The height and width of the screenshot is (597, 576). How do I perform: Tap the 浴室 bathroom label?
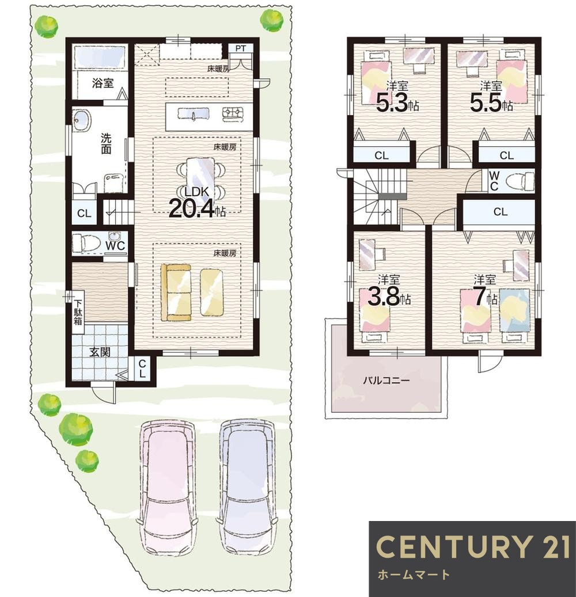tap(103, 83)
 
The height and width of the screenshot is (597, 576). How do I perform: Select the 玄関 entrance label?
tap(100, 352)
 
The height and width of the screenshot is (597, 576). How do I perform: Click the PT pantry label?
tap(240, 48)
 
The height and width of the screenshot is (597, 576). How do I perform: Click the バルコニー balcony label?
tap(386, 381)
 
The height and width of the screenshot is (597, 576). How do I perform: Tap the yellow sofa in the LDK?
tap(176, 292)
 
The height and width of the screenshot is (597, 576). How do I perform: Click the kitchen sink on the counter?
tap(193, 113)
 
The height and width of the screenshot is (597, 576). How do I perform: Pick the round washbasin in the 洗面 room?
tap(81, 121)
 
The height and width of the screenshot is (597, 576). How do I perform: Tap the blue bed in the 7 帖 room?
tap(514, 310)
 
